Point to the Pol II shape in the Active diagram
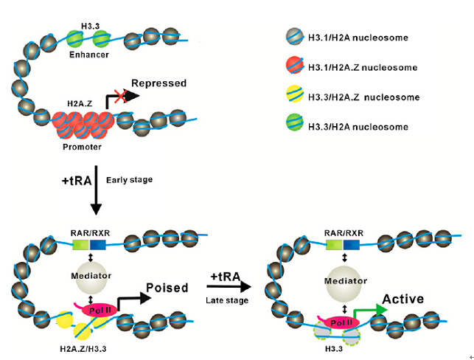coord(339,322)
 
